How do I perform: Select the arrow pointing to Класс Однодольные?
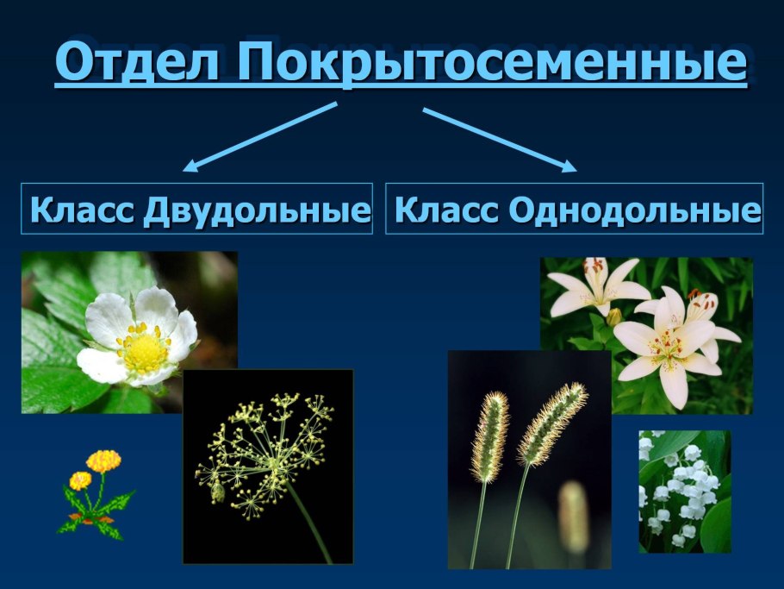click(x=500, y=139)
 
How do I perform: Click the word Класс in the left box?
click(x=83, y=210)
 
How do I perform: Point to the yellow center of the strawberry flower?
click(x=146, y=351)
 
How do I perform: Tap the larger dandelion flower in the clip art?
click(x=103, y=461)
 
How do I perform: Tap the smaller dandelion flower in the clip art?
click(x=80, y=480)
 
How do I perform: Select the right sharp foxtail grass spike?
click(x=552, y=423)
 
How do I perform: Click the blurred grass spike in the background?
click(x=573, y=517)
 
